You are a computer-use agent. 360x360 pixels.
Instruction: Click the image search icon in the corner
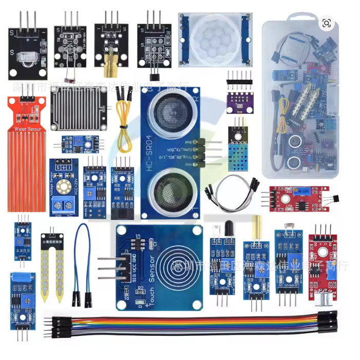[x=326, y=23]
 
